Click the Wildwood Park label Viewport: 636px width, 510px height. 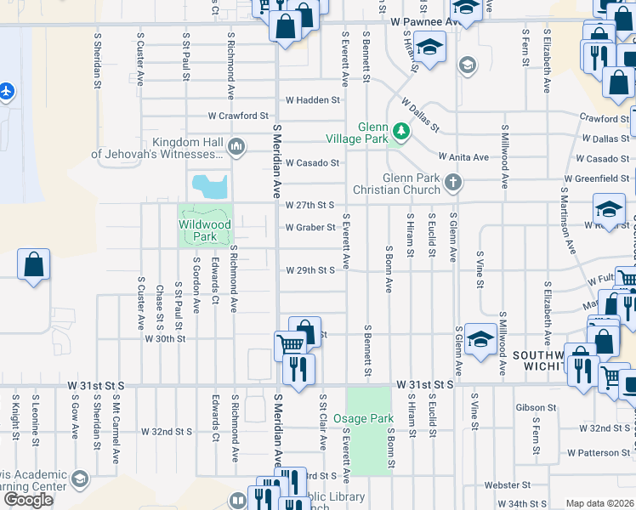(204, 229)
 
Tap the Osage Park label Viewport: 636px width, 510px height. (363, 418)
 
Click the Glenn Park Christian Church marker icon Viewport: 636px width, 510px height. (455, 182)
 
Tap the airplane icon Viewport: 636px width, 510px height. (8, 91)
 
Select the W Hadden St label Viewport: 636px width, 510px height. (312, 99)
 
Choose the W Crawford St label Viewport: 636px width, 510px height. (239, 116)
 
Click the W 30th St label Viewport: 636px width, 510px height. (165, 338)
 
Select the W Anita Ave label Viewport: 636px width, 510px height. (463, 156)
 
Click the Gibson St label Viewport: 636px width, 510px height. (536, 408)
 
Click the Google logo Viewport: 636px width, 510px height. (28, 500)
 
